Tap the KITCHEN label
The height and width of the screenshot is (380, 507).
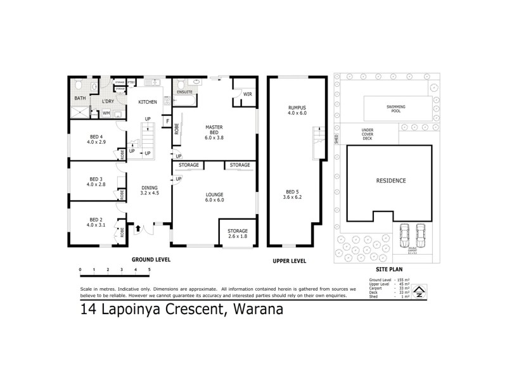(x=148, y=102)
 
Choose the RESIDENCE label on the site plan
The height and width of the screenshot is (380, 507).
(x=391, y=180)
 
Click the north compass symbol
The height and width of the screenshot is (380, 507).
(x=420, y=289)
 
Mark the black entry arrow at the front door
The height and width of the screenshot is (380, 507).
(x=138, y=228)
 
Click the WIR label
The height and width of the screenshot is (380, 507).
(x=247, y=94)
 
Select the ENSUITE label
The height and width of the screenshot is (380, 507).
(x=184, y=92)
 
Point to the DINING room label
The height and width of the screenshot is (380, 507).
(x=150, y=189)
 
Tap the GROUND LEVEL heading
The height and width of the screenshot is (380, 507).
(x=151, y=260)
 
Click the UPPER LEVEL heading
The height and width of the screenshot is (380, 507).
(x=290, y=260)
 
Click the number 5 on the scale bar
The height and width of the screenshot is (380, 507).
(x=149, y=270)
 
